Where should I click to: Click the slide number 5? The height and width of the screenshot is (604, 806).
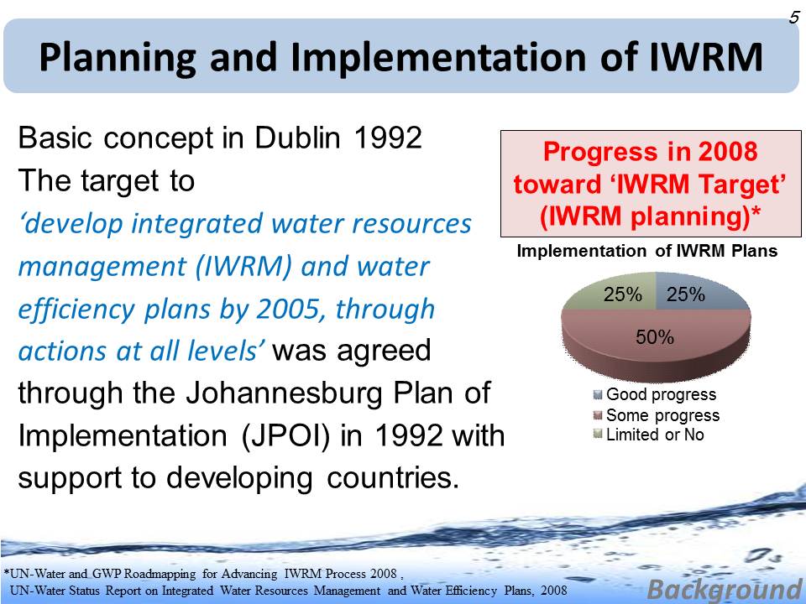tap(794, 18)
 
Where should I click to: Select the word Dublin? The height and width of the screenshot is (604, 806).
tap(297, 138)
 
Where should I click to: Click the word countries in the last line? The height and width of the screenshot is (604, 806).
tap(393, 477)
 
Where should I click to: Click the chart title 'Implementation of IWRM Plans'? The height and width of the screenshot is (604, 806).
tap(647, 251)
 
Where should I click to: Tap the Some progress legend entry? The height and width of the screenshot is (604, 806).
tap(657, 415)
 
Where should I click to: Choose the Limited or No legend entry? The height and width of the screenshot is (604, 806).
tap(649, 435)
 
